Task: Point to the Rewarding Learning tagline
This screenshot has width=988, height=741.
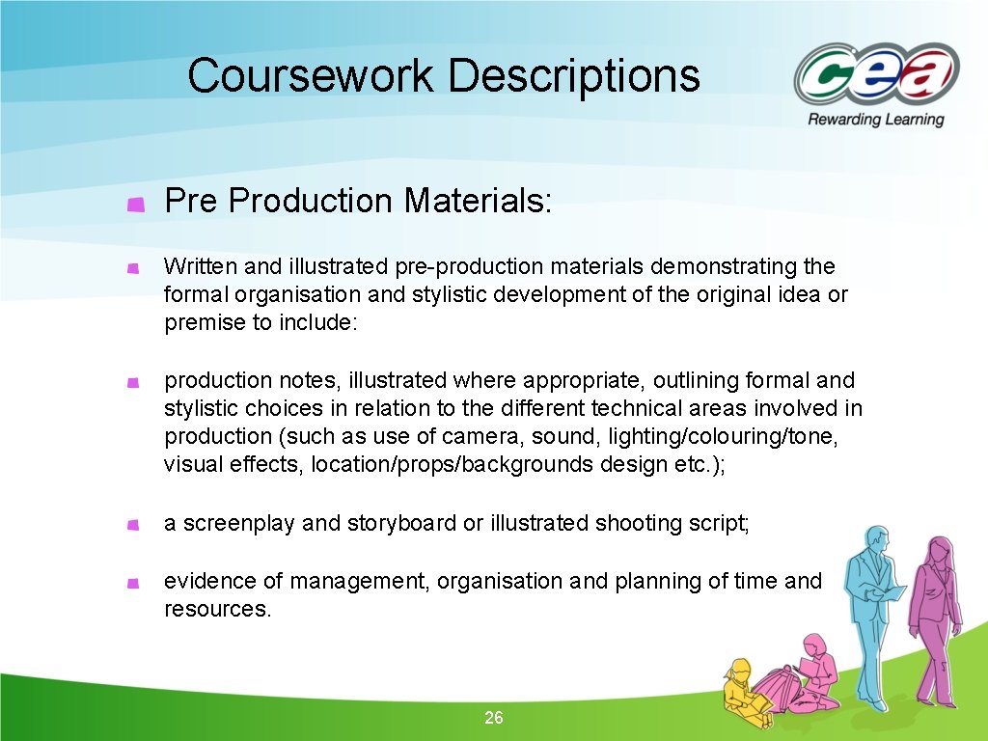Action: pyautogui.click(x=875, y=120)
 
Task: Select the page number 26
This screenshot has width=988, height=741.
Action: pyautogui.click(x=494, y=718)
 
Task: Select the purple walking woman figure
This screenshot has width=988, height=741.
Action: pyautogui.click(x=933, y=617)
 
